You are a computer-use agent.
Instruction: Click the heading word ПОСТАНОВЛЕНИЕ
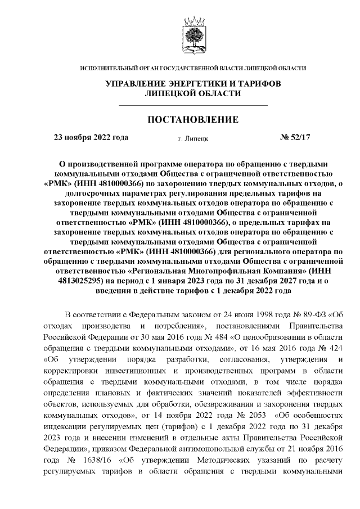click(193, 120)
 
